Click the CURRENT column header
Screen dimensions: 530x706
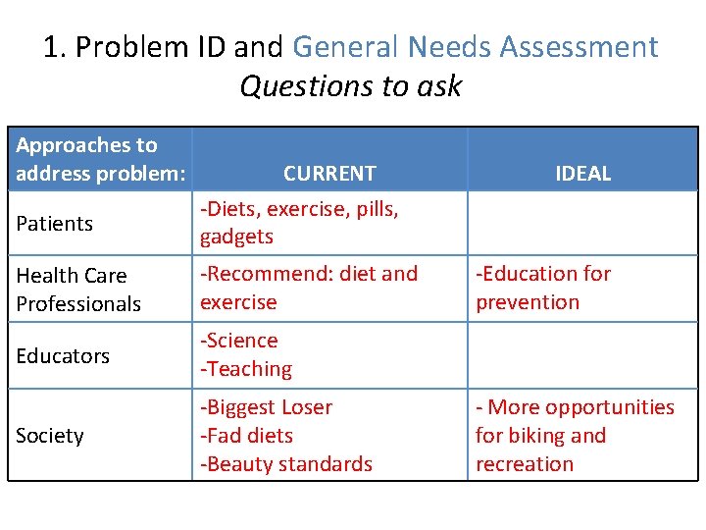[x=329, y=174]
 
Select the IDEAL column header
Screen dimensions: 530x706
[x=582, y=174]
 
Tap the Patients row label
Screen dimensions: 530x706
[x=55, y=224]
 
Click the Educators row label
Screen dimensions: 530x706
[x=63, y=355]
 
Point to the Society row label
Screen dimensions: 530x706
[x=50, y=435]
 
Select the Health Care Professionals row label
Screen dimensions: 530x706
[x=78, y=290]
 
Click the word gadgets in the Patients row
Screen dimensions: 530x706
[x=236, y=237]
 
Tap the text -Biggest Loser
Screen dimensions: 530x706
[x=267, y=407]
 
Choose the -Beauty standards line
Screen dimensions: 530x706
[x=286, y=463]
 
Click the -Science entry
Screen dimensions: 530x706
[x=239, y=341]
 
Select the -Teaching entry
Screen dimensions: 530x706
[x=246, y=369]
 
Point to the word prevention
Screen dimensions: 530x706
[x=528, y=302]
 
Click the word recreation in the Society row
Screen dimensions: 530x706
[x=525, y=463]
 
